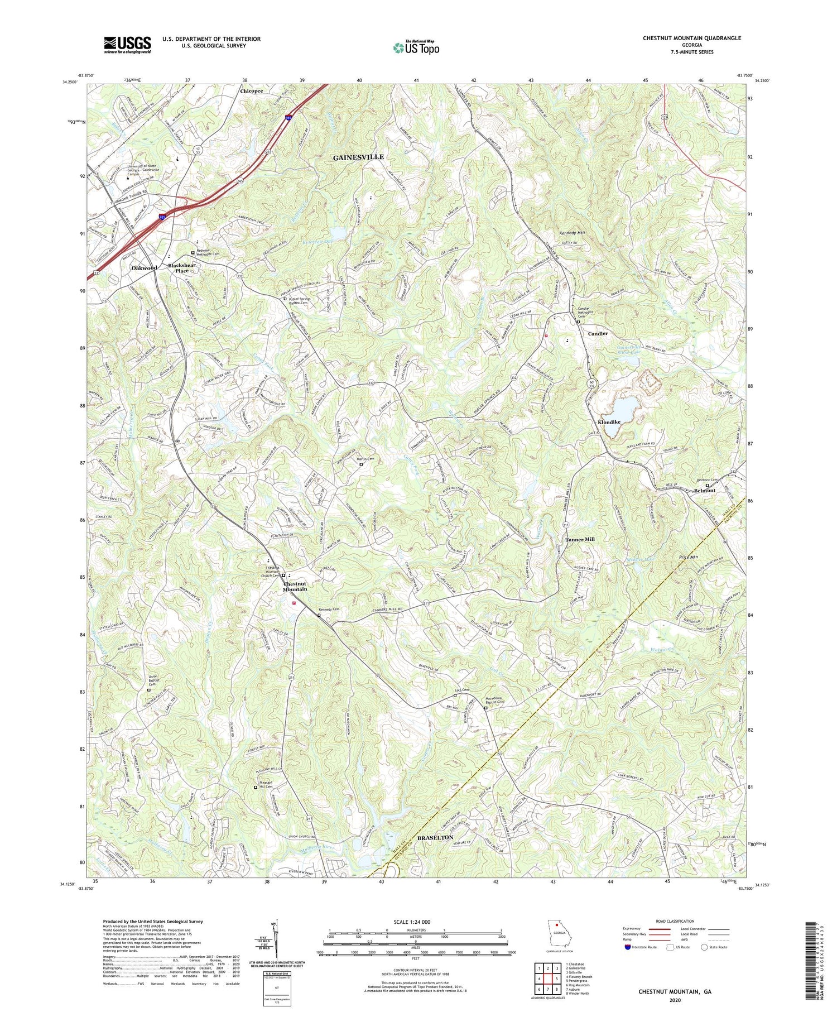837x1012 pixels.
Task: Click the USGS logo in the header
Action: [127, 45]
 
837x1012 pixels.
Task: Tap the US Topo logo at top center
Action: [416, 47]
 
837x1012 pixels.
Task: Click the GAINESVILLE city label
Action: [358, 157]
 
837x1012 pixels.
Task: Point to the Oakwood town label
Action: [144, 268]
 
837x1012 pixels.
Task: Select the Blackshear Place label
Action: [182, 268]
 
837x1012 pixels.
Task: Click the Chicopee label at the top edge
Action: [251, 90]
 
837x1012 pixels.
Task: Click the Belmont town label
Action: [704, 491]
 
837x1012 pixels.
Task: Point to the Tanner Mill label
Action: [580, 540]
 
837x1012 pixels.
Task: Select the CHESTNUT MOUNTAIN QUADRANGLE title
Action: [691, 38]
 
